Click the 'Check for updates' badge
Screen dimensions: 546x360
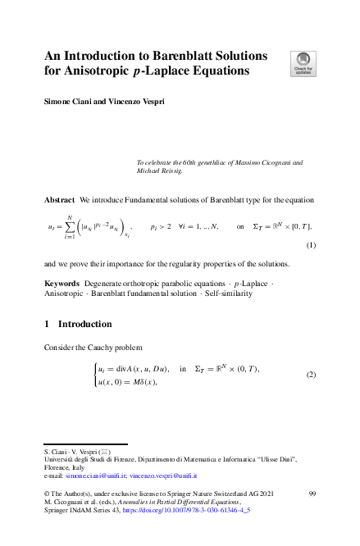tap(303, 62)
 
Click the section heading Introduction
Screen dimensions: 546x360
tap(88, 325)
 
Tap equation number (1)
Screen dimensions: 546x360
tap(310, 245)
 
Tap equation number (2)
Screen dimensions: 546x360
tap(310, 375)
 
